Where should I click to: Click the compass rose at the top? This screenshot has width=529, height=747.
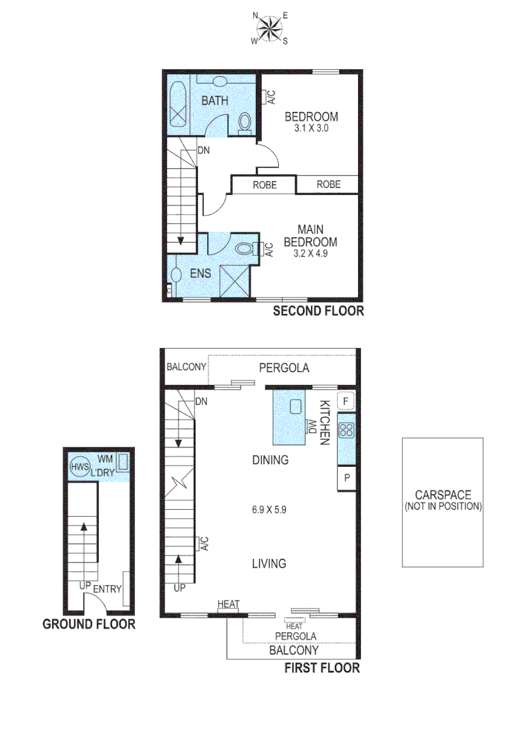point(270,28)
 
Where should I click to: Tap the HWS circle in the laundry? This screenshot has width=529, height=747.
point(80,467)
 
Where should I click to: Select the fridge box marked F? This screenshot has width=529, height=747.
point(346,401)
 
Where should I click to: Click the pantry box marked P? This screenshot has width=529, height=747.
point(346,479)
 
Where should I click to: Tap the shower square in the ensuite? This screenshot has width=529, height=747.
point(233,281)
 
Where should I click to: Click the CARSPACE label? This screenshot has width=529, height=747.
point(442,495)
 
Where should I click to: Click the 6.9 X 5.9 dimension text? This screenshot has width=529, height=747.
point(269,510)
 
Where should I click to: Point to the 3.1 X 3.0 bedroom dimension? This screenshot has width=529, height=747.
point(311,129)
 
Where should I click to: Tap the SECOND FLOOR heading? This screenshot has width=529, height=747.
point(318,311)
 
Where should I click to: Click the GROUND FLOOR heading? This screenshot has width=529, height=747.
point(89,625)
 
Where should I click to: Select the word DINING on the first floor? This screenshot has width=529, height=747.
point(270,460)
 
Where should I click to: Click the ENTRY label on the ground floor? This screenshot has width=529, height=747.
point(107,589)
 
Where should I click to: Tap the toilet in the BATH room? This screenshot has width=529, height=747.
point(244,122)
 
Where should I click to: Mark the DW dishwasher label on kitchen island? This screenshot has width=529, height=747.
point(312,426)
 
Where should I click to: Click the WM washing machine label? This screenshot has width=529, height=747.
point(105,459)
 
